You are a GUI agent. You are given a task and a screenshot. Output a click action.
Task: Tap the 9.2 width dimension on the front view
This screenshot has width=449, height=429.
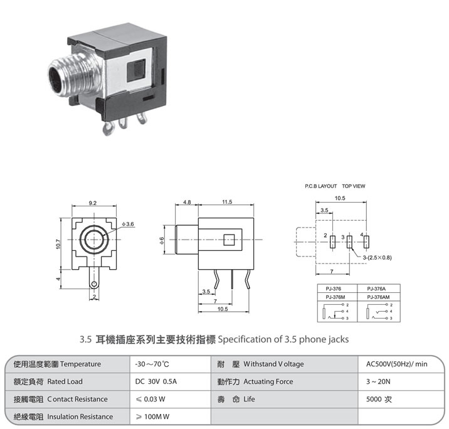93,203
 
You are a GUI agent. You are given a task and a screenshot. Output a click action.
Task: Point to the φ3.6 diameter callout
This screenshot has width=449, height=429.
128,224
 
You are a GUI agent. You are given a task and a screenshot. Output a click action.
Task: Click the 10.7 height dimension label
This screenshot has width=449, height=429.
58,244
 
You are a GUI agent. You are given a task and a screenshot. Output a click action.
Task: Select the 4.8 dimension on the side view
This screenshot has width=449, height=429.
187,202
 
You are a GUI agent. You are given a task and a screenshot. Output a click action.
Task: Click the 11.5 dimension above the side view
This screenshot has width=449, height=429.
227,202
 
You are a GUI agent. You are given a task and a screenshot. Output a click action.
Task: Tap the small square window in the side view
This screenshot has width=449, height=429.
229,240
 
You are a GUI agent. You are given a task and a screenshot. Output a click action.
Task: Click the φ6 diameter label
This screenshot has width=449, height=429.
162,240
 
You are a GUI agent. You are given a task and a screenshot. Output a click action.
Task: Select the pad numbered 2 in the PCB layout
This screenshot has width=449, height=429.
332,242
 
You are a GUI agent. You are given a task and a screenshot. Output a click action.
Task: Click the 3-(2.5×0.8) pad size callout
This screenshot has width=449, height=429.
377,257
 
